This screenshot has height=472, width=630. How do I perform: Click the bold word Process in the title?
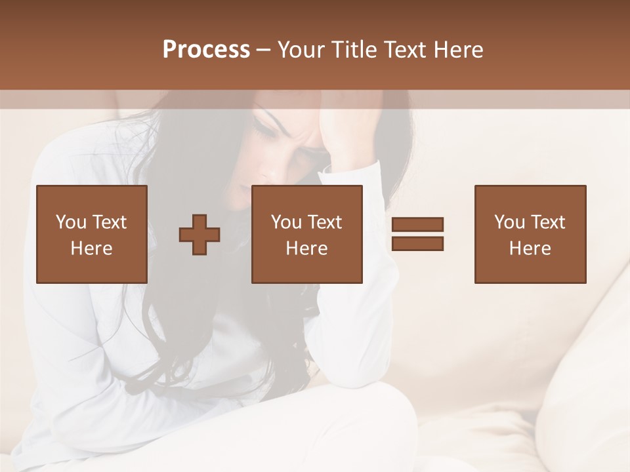206,50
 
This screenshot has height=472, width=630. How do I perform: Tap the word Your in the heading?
301,50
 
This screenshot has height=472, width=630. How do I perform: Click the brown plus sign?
199,235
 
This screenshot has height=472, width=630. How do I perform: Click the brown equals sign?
417,234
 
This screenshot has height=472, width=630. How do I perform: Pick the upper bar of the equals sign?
417,224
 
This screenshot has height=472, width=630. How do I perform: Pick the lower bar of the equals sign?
417,244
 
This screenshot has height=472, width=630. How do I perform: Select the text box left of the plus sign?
91,235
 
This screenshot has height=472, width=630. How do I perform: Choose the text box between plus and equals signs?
306,235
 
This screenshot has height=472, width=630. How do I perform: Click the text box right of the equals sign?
530,235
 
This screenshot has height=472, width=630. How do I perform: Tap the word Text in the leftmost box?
109,222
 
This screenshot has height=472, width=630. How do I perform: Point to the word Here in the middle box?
306,248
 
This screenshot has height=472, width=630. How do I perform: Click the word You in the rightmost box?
509,222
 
